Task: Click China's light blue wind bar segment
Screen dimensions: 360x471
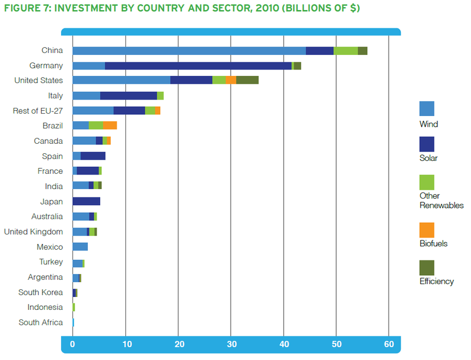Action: [x=189, y=51]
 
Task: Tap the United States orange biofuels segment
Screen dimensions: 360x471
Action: [x=231, y=80]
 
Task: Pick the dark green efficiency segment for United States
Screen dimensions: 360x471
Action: [x=247, y=80]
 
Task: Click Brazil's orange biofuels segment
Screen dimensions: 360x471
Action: [x=110, y=125]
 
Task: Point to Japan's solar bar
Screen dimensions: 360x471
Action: [x=87, y=202]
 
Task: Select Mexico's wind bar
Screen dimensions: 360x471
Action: [x=80, y=247]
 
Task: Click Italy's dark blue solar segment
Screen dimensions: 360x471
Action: [x=128, y=95]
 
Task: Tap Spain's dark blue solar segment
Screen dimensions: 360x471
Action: [x=93, y=156]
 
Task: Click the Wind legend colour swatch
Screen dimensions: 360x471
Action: [x=427, y=108]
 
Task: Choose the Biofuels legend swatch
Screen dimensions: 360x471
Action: [x=427, y=230]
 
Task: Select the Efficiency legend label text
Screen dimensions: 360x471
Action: [x=436, y=282]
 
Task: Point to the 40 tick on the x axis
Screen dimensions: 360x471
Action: [x=283, y=344]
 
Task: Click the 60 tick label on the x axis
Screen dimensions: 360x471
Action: [x=389, y=344]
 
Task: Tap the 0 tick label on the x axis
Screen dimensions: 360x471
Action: [x=72, y=344]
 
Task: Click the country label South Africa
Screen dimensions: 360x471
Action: [x=41, y=322]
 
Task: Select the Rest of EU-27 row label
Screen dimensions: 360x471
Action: [x=38, y=111]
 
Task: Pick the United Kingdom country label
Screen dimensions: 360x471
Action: [x=34, y=232]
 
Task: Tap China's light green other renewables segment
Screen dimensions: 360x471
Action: [x=346, y=51]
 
